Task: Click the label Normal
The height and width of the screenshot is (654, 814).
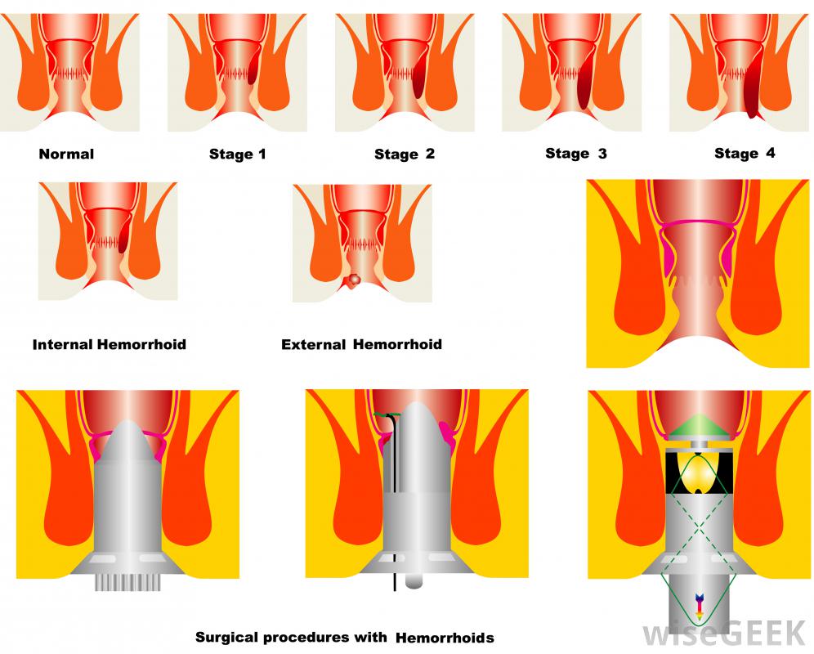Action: coord(66,154)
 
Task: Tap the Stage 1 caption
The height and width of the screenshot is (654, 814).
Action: coord(237,154)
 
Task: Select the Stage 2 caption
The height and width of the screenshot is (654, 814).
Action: coord(405,154)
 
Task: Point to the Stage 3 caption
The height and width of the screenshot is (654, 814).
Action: coord(575,153)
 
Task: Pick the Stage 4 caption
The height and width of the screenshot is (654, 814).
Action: coord(744,153)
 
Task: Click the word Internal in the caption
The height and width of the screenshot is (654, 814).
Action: coord(63,344)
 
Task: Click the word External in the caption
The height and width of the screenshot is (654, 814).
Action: coord(314,344)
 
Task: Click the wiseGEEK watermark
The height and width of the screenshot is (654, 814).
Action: coord(720,632)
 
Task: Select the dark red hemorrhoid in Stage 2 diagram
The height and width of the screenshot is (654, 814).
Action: coord(418,78)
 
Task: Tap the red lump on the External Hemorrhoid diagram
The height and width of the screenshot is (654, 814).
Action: coord(353,281)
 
